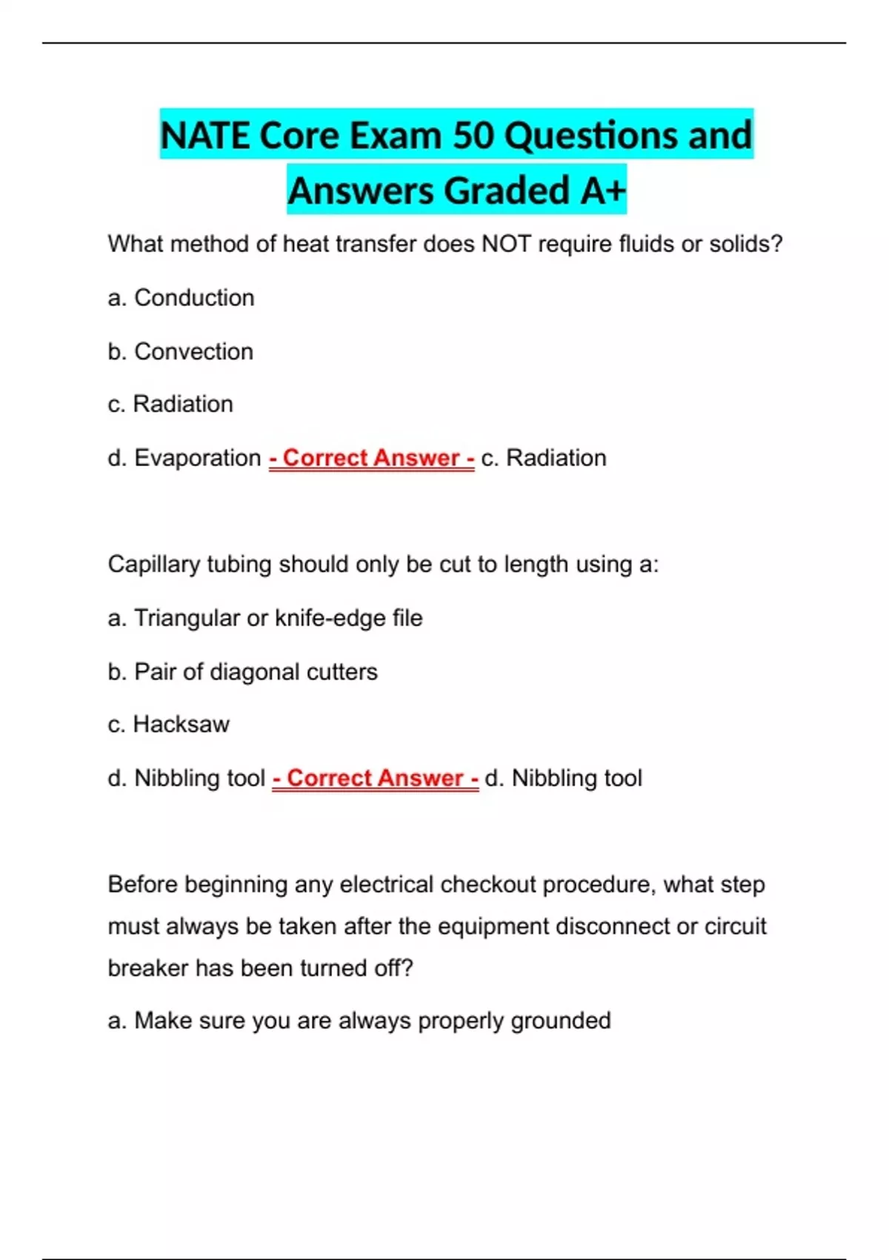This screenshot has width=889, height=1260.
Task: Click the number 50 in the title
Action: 473,136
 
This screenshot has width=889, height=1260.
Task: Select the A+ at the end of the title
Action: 603,190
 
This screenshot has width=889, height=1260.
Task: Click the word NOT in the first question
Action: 506,244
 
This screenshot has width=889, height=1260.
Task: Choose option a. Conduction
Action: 181,298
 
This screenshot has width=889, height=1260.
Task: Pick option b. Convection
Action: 180,351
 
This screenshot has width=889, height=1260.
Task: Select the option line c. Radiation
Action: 170,404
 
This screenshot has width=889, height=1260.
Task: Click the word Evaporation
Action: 197,458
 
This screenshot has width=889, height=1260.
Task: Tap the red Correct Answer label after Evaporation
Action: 371,458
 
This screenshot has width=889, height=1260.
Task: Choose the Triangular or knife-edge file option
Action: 265,618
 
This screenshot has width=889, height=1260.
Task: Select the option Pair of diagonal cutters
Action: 242,672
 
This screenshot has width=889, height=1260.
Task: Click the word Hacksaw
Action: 181,724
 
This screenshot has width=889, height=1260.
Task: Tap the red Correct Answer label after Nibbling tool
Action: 375,778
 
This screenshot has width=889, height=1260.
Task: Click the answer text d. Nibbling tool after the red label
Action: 563,778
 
